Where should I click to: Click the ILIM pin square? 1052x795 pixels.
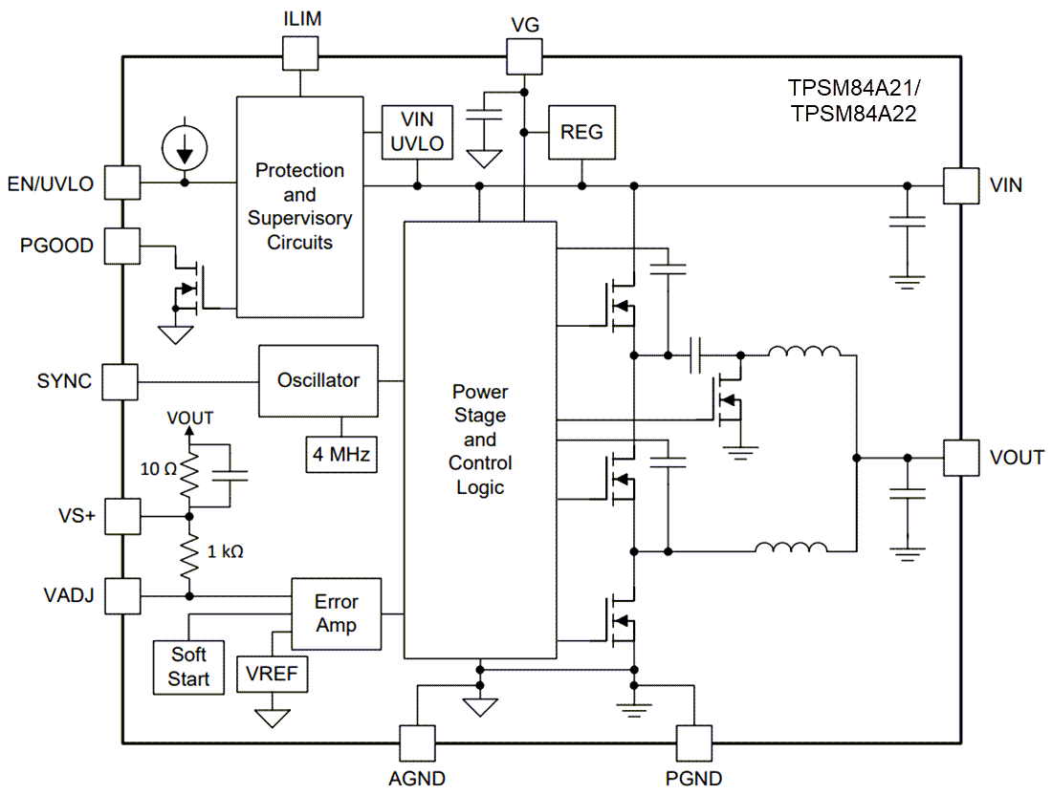point(299,54)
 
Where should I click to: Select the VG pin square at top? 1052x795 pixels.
point(523,55)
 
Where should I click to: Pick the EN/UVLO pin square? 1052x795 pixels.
point(121,182)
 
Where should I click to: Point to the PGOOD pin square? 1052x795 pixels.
point(121,246)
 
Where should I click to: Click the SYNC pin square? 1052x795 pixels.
point(121,380)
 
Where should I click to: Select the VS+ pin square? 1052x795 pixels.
point(121,516)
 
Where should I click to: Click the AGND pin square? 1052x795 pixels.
point(416,741)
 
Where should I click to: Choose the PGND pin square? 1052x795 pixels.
point(694,741)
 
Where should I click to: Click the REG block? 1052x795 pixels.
point(581,132)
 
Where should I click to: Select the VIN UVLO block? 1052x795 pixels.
point(417,132)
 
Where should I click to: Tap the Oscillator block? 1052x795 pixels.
point(318,380)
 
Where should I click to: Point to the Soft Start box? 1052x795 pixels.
point(188,666)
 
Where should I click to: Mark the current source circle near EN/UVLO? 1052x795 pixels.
point(184,145)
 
